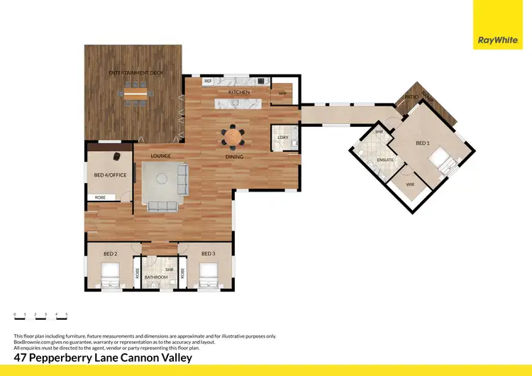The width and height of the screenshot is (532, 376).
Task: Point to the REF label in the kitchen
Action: pyautogui.click(x=208, y=82)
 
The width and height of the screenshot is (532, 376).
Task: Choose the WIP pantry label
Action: pyautogui.click(x=282, y=94)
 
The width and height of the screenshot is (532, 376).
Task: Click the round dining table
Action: pyautogui.click(x=233, y=135)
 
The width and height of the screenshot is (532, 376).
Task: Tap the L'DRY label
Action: pyautogui.click(x=282, y=137)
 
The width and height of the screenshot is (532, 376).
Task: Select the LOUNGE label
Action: pyautogui.click(x=160, y=156)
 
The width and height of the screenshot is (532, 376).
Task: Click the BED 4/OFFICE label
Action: pyautogui.click(x=110, y=175)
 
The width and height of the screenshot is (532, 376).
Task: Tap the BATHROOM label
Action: pyautogui.click(x=156, y=277)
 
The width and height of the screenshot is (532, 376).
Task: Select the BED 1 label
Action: pyautogui.click(x=423, y=143)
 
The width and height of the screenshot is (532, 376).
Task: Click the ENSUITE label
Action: pyautogui.click(x=385, y=160)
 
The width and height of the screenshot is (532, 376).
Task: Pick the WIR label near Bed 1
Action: pyautogui.click(x=409, y=184)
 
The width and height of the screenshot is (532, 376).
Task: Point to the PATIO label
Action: pyautogui.click(x=411, y=97)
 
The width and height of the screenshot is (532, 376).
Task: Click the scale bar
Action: pyautogui.click(x=40, y=317)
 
